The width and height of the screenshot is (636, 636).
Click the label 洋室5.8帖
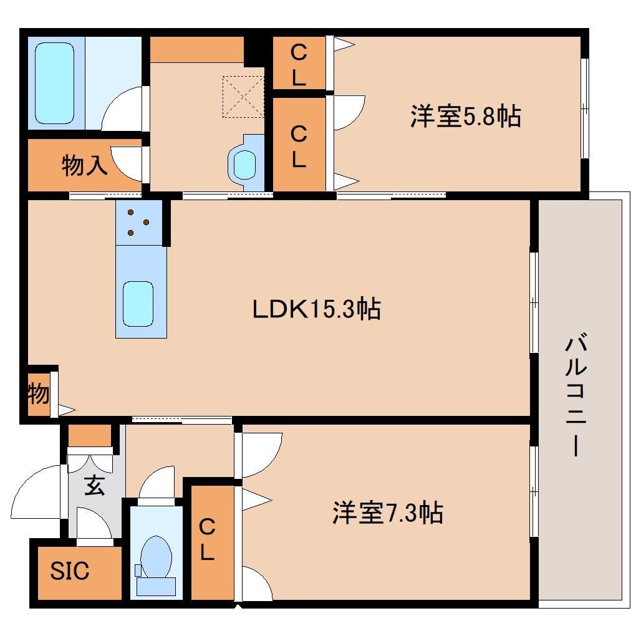(x=465, y=117)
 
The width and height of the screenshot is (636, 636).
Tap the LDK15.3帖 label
(x=316, y=309)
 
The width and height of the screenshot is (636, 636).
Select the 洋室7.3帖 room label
(x=387, y=513)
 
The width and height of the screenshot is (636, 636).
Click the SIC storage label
(x=70, y=571)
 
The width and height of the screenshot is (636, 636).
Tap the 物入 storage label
(x=85, y=166)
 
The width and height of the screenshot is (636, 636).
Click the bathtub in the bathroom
(x=54, y=82)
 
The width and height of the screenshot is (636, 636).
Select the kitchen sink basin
(x=138, y=303)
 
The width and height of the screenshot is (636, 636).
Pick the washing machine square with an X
(x=244, y=96)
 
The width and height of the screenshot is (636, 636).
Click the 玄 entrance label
(x=95, y=485)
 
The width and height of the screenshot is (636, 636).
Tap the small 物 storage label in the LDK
(x=38, y=394)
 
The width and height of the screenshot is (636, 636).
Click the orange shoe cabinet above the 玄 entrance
(x=89, y=435)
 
